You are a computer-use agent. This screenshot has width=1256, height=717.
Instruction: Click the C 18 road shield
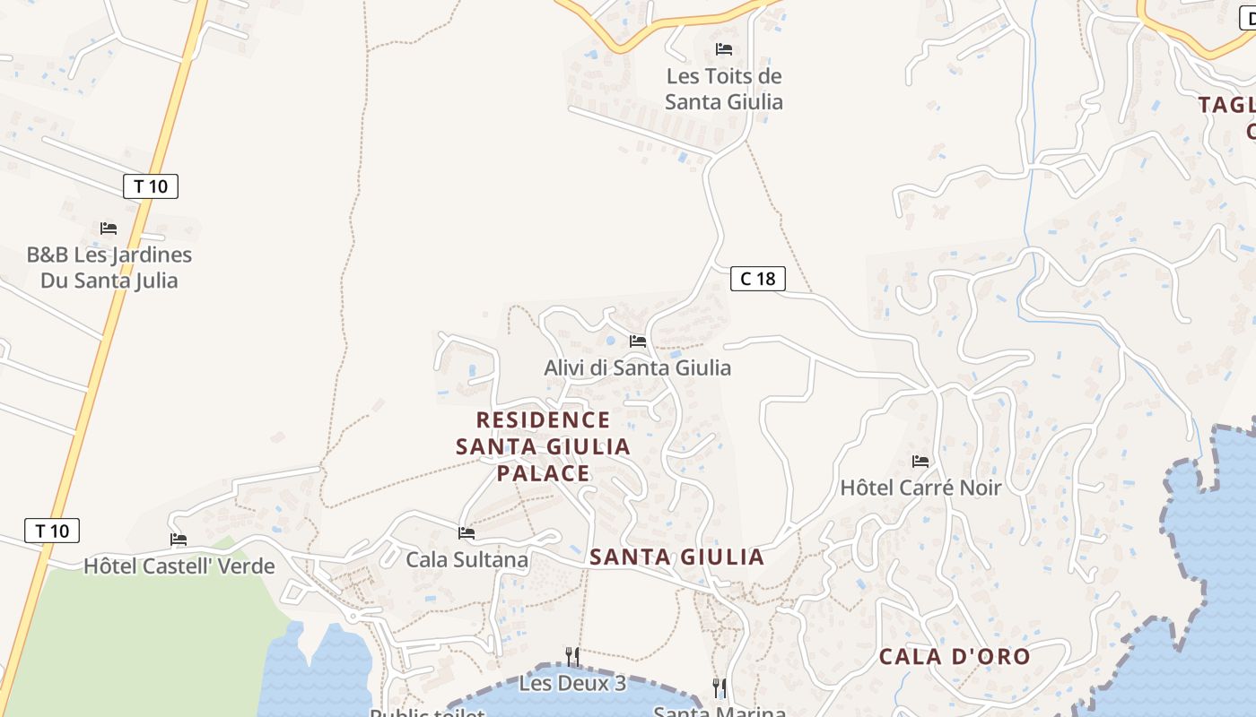pos(758,279)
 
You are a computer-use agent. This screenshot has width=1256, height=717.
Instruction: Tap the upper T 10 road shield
pos(151,186)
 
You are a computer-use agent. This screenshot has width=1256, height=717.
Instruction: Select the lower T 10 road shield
pos(52,531)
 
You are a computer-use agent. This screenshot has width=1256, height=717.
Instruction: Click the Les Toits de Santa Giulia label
pos(724,89)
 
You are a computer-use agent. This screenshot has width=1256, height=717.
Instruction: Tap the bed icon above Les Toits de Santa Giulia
pos(724,49)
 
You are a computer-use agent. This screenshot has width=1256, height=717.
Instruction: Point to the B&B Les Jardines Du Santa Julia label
pos(109,267)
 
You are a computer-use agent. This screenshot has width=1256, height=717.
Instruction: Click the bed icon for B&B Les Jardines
pos(109,229)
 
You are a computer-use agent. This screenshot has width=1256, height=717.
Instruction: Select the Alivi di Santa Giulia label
pos(637,367)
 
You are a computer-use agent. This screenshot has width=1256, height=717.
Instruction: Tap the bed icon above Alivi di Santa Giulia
pos(638,341)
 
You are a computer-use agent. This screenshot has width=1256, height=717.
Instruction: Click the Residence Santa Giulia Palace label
pos(544,446)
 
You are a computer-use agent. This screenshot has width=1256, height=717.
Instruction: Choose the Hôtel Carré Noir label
pos(920,488)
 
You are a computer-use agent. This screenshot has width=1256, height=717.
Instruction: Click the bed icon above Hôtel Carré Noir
pos(920,462)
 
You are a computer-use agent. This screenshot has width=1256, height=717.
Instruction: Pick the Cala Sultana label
pos(467,560)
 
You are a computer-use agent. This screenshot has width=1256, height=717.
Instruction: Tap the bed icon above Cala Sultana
pos(467,533)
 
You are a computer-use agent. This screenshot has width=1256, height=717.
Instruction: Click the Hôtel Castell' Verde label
pos(179,566)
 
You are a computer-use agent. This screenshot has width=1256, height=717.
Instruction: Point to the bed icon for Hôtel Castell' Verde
pos(179,540)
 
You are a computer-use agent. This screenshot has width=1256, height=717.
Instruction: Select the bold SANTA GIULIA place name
pos(676,557)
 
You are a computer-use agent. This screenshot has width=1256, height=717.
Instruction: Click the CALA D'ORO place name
pos(955,656)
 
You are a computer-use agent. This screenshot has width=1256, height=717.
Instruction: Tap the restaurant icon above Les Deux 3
pos(572,657)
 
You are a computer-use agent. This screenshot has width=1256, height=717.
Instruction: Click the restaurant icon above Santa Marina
pos(720,687)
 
